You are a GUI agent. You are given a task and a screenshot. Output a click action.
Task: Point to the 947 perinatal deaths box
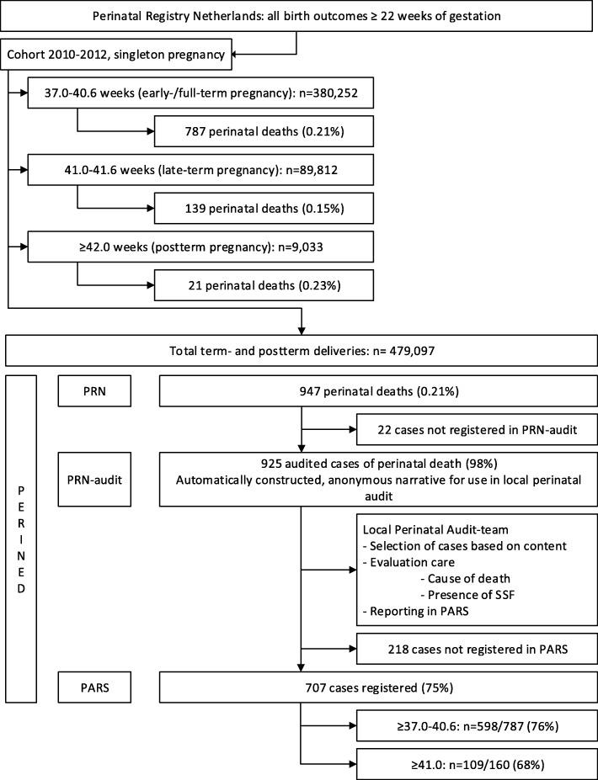click(377, 390)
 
